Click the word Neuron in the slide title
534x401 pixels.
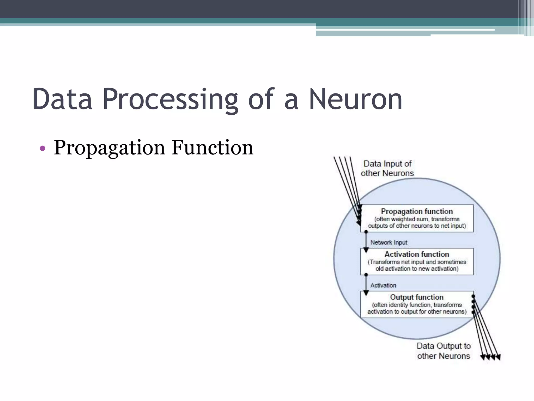click(356, 99)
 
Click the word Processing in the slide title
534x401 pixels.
click(170, 99)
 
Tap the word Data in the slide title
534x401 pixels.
click(63, 99)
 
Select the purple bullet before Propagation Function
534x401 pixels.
click(43, 149)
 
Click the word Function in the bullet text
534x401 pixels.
click(212, 148)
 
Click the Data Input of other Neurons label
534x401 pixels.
click(387, 168)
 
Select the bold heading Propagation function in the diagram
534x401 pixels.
click(417, 211)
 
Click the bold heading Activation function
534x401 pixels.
click(417, 254)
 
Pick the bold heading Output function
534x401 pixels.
click(417, 297)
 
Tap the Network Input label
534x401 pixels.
click(389, 243)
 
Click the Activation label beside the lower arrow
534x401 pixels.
click(383, 285)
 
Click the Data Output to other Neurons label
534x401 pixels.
click(444, 351)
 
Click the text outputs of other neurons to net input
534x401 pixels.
click(417, 226)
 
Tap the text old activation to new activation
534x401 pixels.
click(417, 269)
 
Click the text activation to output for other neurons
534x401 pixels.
click(417, 311)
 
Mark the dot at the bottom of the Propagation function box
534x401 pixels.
click(366, 232)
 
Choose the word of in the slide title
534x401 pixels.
click(261, 99)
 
